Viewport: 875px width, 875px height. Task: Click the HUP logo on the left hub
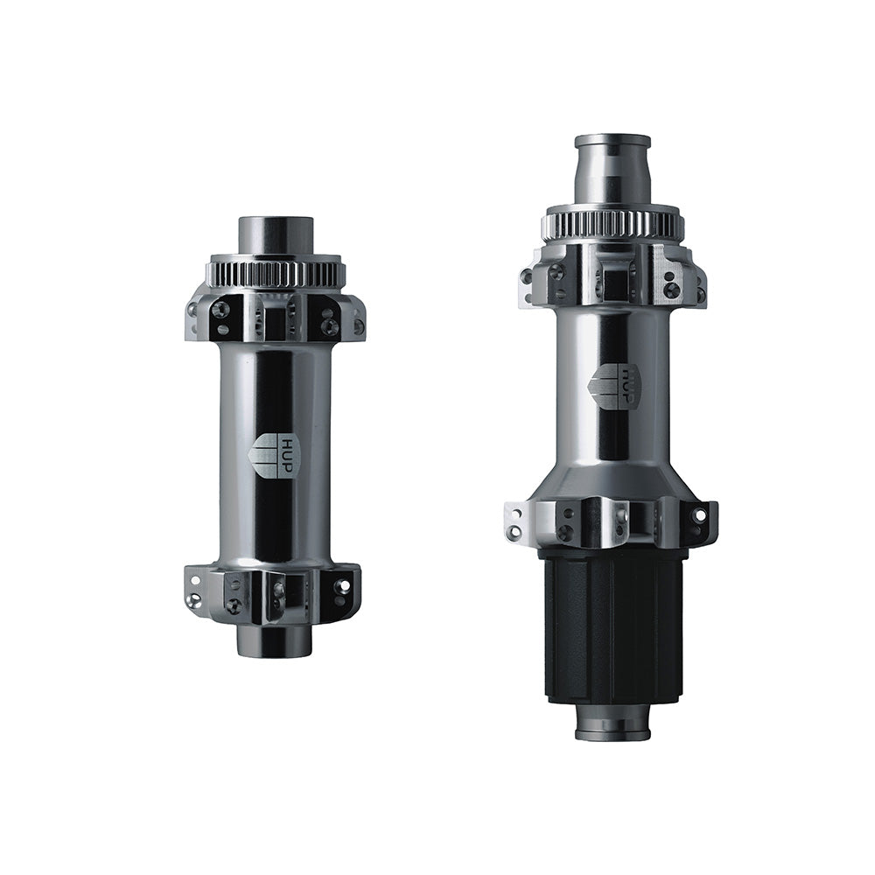pyautogui.click(x=274, y=456)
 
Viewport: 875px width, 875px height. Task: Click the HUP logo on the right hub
pyautogui.click(x=618, y=383)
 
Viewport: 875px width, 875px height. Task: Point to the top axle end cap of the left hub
pyautogui.click(x=275, y=234)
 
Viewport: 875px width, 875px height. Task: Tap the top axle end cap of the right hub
pyautogui.click(x=612, y=169)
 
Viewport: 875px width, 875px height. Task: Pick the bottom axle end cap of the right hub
pyautogui.click(x=612, y=722)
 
